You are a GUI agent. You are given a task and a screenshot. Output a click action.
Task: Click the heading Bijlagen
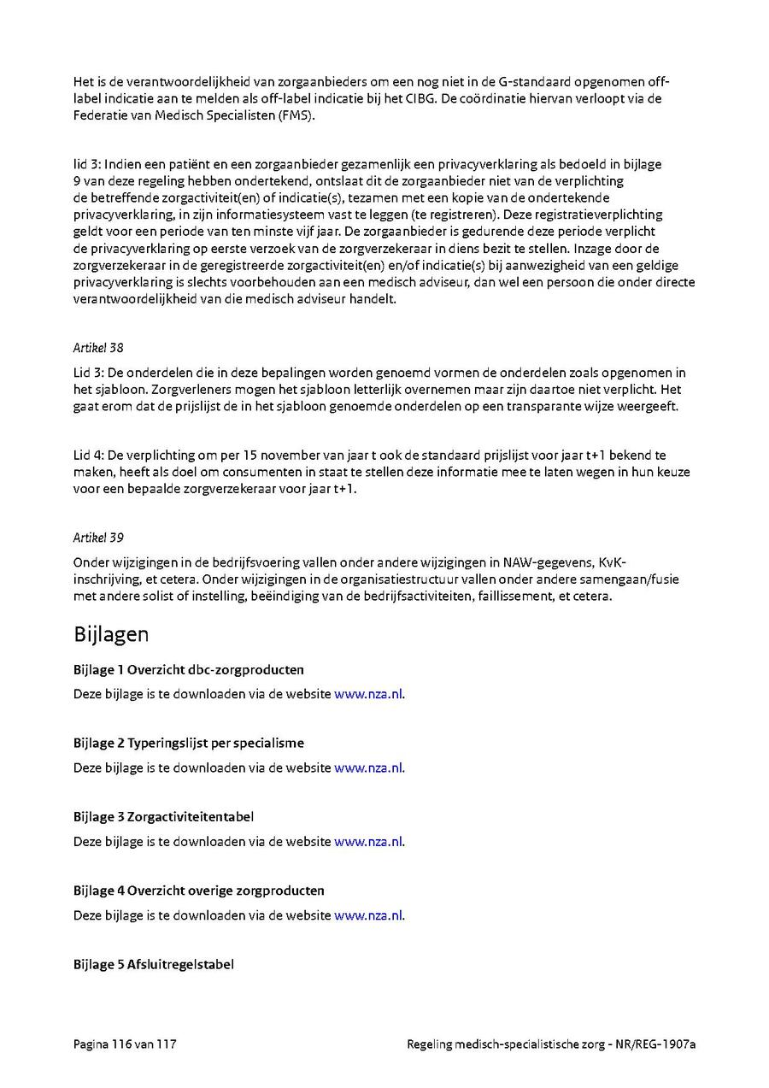111,634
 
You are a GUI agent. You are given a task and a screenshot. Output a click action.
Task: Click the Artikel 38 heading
98,348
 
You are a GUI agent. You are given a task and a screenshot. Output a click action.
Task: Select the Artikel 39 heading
98,538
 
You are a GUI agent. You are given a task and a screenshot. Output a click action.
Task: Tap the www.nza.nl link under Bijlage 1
368,694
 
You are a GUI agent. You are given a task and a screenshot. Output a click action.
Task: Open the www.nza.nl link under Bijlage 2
368,767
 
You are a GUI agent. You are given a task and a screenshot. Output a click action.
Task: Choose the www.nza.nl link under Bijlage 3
368,841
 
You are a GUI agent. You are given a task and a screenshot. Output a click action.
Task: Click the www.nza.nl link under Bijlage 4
368,915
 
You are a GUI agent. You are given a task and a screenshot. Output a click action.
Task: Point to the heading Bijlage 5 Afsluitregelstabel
154,964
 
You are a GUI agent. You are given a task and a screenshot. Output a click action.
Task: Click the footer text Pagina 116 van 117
125,1044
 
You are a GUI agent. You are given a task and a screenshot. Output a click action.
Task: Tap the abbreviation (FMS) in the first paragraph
296,115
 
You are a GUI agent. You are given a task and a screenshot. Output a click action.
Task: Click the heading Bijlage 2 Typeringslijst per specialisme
188,743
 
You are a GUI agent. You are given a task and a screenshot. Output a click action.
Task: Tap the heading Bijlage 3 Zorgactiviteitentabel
163,816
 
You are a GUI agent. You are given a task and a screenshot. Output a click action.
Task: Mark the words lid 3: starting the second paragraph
86,163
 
